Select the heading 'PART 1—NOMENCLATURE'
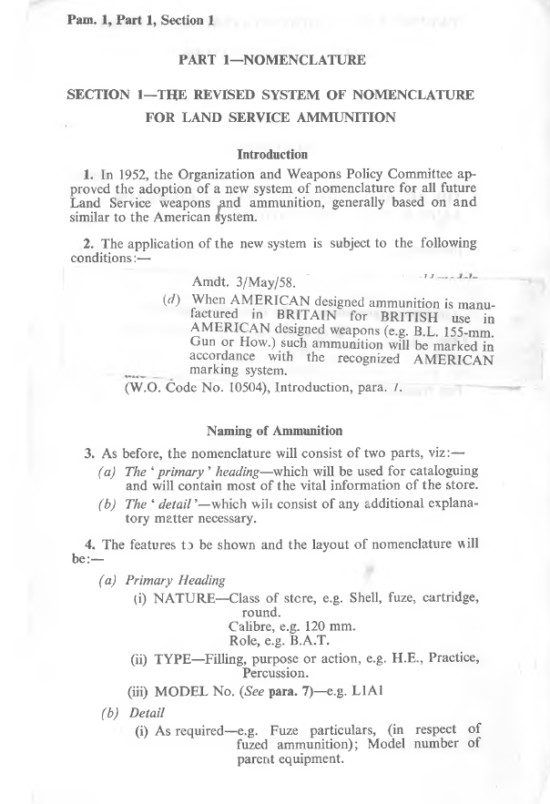pos(273,60)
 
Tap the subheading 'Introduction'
pos(271,155)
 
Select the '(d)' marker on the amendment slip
pos(171,301)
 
